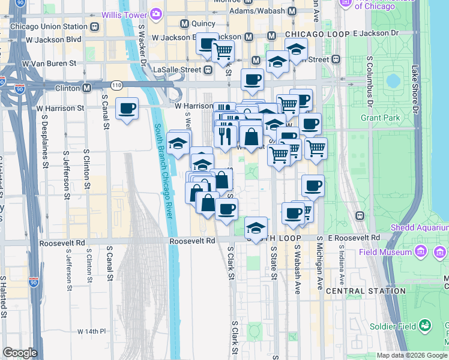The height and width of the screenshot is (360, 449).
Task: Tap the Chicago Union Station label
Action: coord(49,26)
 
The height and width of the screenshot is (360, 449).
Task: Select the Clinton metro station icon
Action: coord(87,88)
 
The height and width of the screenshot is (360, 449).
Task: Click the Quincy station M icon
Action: coord(185,23)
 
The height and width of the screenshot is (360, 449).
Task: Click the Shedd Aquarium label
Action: coord(420,227)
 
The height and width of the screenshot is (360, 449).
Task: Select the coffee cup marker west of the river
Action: coord(127,109)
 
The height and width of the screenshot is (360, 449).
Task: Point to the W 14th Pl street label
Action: coord(91,331)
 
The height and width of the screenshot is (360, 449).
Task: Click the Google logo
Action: coord(20,353)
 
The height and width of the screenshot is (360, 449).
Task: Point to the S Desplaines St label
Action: coord(45,144)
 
